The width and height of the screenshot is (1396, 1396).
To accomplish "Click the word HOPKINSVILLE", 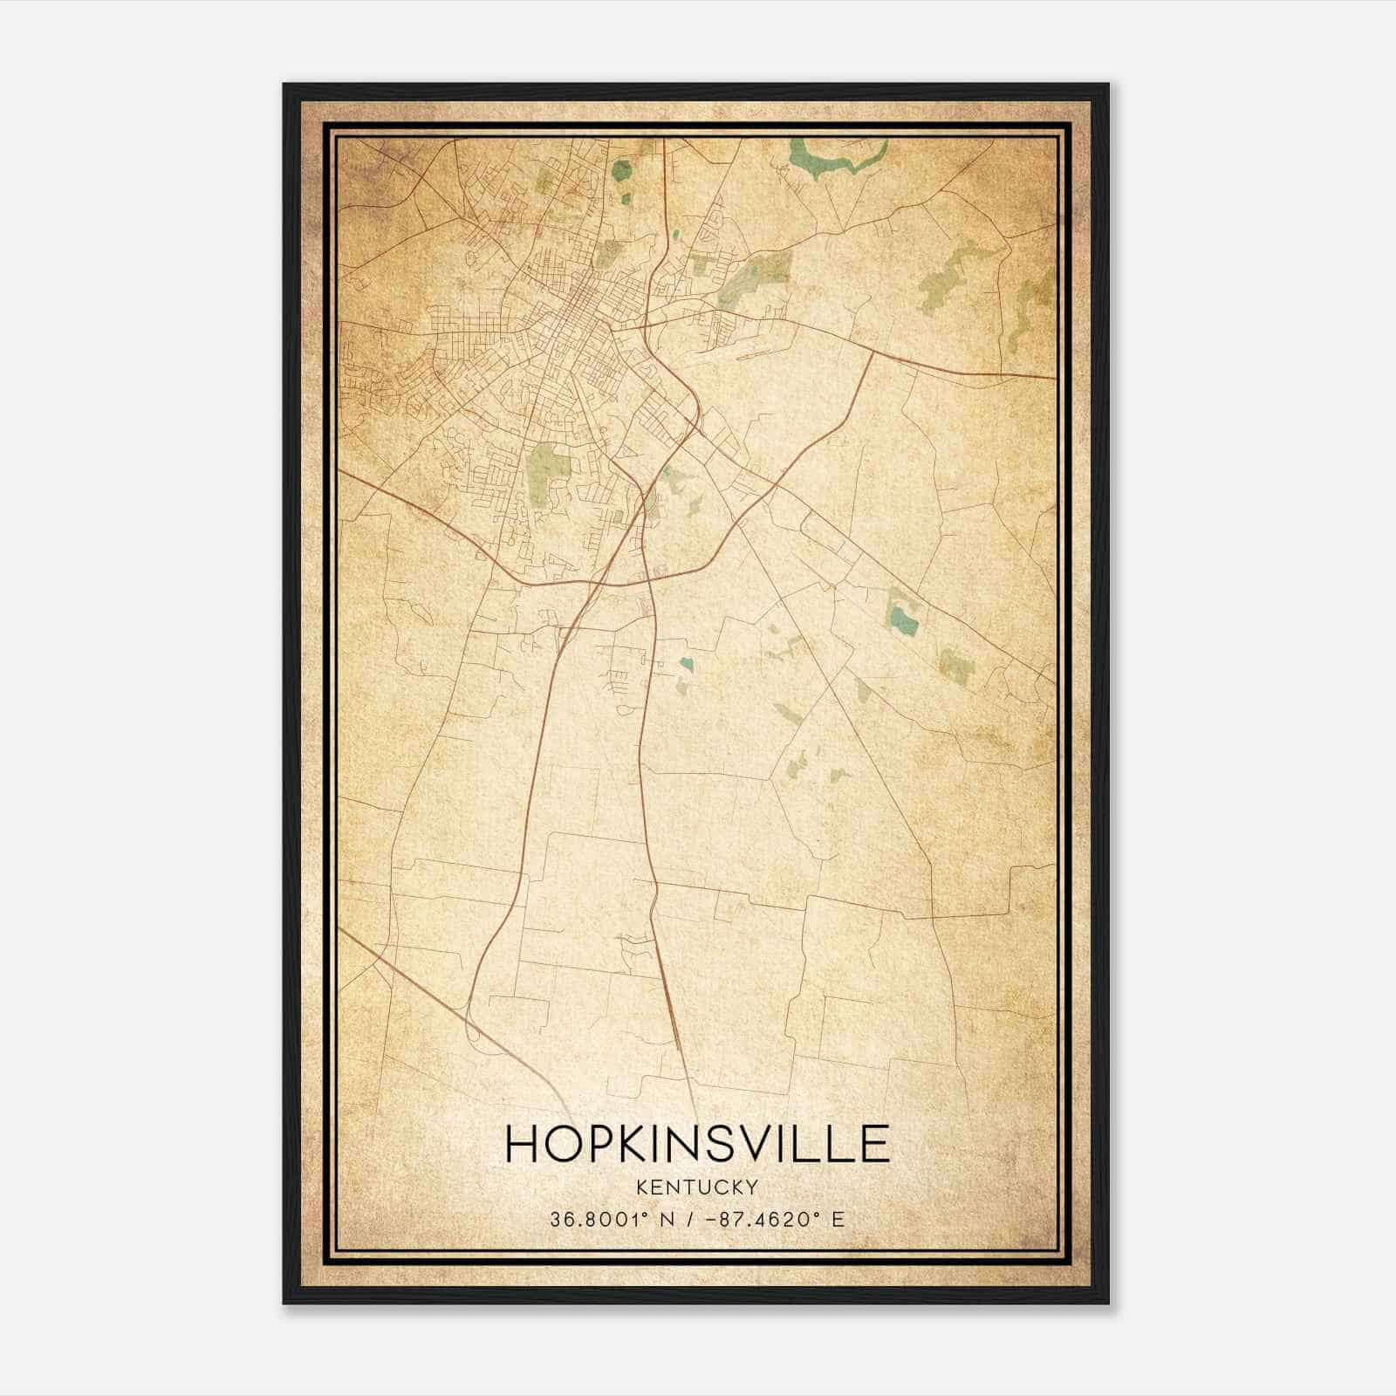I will click(x=697, y=1143).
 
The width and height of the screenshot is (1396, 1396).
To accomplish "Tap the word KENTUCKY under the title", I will click(x=697, y=1187).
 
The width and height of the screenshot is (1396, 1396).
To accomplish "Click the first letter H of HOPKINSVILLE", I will click(x=523, y=1143).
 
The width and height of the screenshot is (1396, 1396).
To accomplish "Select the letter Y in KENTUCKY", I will click(x=751, y=1187).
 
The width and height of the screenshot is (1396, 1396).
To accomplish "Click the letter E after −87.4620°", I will click(x=838, y=1219).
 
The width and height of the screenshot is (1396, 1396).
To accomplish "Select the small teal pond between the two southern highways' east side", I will click(x=687, y=665).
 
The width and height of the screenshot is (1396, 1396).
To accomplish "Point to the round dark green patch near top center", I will click(x=621, y=170).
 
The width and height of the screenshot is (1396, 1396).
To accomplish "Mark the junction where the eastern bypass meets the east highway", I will click(x=872, y=353).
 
